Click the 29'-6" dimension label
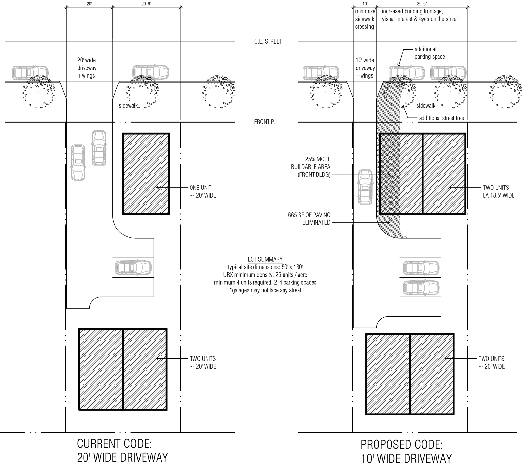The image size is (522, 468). (146, 4)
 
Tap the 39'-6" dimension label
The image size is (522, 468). (422, 4)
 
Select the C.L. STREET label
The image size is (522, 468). (268, 41)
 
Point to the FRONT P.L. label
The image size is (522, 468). (267, 122)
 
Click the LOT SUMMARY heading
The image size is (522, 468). (265, 259)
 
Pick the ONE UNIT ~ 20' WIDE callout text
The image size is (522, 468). (203, 192)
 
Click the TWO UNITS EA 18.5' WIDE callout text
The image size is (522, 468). (499, 191)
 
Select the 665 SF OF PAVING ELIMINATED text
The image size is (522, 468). (309, 219)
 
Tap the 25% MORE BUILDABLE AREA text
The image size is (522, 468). (311, 167)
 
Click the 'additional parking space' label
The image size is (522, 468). (430, 53)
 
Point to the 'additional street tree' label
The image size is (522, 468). (441, 118)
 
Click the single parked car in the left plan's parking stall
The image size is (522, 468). (133, 268)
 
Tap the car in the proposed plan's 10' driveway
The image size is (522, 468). (365, 187)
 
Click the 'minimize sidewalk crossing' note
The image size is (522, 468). (365, 19)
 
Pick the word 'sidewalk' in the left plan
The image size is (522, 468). (128, 106)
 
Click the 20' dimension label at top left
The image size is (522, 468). (89, 4)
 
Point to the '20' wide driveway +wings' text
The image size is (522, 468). (86, 68)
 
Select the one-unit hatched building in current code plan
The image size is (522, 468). (146, 174)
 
